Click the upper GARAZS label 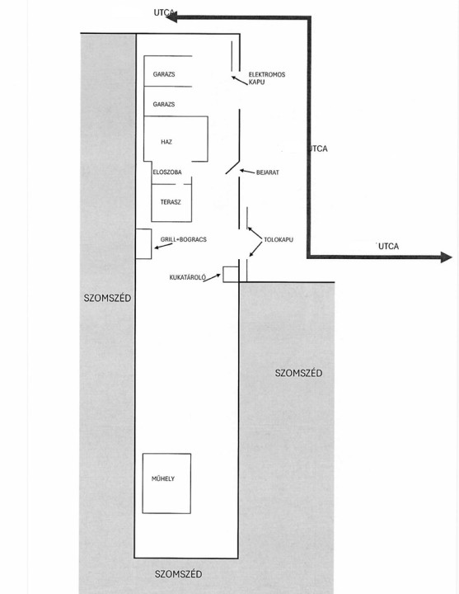click(x=164, y=74)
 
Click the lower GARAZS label click(x=164, y=104)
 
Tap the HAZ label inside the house click(x=166, y=142)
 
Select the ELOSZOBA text click(x=167, y=172)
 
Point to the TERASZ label click(x=171, y=202)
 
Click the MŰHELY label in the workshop click(x=163, y=478)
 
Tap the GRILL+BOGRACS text click(x=184, y=239)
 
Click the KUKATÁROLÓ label click(x=188, y=277)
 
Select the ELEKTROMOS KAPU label click(x=267, y=78)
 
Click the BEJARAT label click(x=268, y=172)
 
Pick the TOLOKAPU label click(x=279, y=240)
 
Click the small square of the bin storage click(x=231, y=274)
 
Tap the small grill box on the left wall click(x=143, y=244)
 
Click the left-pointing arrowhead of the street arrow click(x=171, y=17)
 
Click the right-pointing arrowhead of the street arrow click(x=447, y=257)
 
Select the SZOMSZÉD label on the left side click(x=107, y=298)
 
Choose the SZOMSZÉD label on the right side click(x=298, y=373)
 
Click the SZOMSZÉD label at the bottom click(x=178, y=574)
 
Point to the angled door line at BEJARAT click(x=232, y=167)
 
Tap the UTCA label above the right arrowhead click(x=389, y=246)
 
